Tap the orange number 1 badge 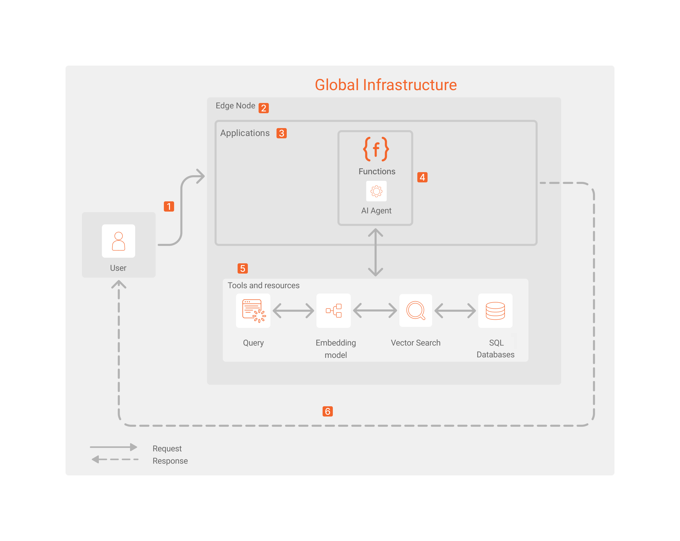pos(169,206)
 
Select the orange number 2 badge pos(263,108)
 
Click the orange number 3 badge pos(281,133)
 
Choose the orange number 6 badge pos(327,411)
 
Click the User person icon pos(118,241)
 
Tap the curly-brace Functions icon pos(376,149)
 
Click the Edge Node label pos(235,106)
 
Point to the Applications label pos(245,133)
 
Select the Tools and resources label pos(263,285)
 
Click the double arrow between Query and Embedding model pos(293,311)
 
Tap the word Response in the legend pos(170,461)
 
